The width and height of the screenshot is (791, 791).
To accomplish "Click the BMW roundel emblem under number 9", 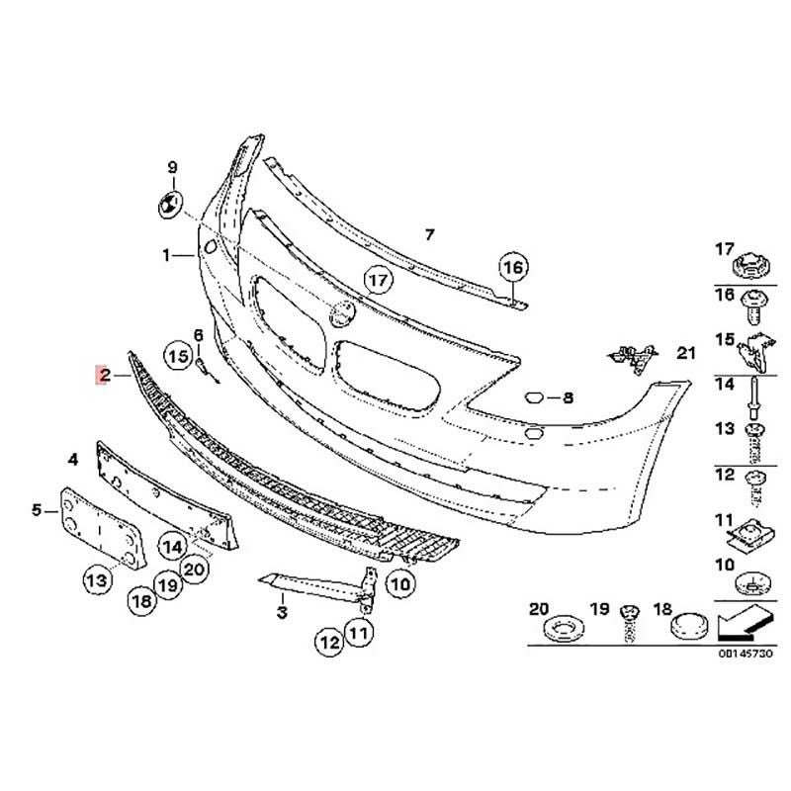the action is click(x=169, y=205).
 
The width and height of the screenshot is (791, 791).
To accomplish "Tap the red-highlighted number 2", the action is click(x=104, y=375).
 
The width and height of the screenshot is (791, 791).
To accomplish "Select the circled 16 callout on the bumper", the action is click(x=513, y=267).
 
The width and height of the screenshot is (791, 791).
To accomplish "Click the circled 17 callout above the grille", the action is click(x=379, y=280).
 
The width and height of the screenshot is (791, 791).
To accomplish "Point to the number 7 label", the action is click(x=429, y=234).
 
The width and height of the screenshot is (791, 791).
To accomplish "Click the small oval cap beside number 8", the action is click(x=533, y=398).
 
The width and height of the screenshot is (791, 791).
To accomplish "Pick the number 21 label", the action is click(x=685, y=353).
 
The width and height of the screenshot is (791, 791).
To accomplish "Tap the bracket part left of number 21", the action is click(x=632, y=357).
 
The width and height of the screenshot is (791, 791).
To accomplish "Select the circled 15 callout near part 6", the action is click(x=178, y=357).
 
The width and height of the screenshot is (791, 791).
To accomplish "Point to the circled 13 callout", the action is click(x=97, y=580).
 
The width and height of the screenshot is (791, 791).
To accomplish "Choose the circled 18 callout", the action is click(x=142, y=601).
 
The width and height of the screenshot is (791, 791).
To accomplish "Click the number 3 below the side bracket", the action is click(x=282, y=612).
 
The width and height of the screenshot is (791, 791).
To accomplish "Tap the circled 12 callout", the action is click(x=329, y=642).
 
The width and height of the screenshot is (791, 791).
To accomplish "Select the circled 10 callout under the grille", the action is click(x=400, y=584).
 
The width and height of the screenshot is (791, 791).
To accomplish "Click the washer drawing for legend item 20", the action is click(x=563, y=629).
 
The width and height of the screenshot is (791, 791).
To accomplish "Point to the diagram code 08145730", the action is click(x=746, y=654).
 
